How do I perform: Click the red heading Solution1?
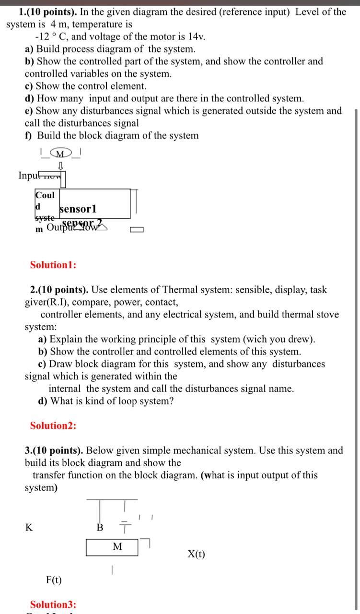point(53,265)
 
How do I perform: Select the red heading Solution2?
point(53,425)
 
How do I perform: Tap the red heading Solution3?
point(53,604)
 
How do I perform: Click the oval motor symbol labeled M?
point(61,153)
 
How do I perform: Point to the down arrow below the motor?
point(61,165)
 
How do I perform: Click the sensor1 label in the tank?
point(78,209)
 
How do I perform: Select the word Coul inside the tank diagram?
point(45,195)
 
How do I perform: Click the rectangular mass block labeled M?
point(112,547)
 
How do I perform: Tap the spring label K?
point(29,528)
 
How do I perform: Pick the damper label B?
point(100,528)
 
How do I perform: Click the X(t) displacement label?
point(196,555)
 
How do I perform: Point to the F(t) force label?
point(54,580)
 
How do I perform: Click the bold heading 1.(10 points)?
point(46,12)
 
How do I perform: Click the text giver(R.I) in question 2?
point(48,302)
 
